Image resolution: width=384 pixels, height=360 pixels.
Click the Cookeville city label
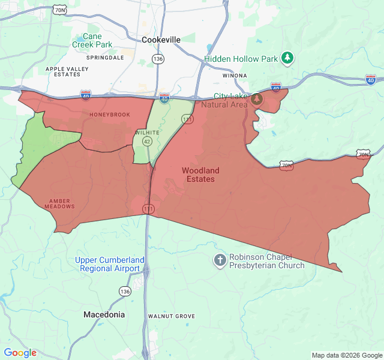[161, 40]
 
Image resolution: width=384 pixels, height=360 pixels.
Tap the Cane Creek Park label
[92, 40]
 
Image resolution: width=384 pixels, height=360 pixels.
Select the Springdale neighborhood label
[105, 58]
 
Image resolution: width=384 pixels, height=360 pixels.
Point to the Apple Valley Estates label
[67, 71]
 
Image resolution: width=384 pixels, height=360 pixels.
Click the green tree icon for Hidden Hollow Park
[289, 58]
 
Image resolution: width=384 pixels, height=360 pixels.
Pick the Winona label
[235, 76]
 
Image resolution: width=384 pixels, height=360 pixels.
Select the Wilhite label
[148, 132]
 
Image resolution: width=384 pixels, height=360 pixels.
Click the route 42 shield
[146, 141]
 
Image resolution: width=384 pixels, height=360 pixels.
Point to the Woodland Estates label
[200, 175]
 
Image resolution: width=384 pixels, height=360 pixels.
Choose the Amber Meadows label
[59, 203]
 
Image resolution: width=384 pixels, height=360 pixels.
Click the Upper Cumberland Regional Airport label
[110, 264]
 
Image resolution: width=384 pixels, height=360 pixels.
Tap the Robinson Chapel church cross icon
[220, 260]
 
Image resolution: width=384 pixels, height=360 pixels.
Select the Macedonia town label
[104, 314]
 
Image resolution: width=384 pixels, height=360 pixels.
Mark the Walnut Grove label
[172, 316]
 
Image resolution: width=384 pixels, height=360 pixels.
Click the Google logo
[20, 353]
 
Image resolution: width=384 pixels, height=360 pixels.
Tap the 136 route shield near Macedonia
[124, 291]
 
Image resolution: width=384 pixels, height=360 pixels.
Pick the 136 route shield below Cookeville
[158, 59]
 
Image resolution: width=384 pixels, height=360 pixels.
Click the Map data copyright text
[347, 355]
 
